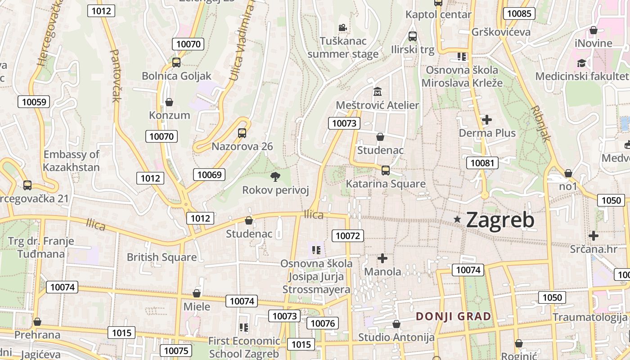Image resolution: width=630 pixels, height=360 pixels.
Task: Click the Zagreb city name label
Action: point(500,220)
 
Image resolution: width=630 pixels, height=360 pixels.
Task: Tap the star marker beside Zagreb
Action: point(458,220)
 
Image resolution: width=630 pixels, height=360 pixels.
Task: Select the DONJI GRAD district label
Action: point(453,316)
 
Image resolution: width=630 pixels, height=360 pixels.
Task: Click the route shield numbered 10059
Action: point(34,102)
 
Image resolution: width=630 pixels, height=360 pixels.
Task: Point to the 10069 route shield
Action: point(209,175)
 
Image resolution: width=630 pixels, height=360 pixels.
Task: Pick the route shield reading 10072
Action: point(348,235)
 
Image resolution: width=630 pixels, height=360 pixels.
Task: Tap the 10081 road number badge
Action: point(482,163)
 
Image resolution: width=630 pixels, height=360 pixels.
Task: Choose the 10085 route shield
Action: point(519,13)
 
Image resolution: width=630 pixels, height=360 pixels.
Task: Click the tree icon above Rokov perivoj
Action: point(275,177)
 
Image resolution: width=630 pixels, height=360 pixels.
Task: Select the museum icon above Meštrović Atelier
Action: point(377,92)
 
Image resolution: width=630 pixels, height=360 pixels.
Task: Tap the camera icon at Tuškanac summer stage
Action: point(343,28)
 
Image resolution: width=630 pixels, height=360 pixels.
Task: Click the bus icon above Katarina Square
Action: point(385,171)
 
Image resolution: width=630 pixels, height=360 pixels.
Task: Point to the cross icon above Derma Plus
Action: point(486,120)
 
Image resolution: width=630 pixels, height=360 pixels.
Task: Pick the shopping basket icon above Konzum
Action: point(169,102)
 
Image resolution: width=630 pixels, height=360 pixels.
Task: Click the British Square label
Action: point(162,257)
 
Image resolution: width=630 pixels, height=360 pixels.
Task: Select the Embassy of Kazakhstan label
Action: point(72,161)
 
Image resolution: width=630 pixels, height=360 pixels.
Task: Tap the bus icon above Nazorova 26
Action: point(242,133)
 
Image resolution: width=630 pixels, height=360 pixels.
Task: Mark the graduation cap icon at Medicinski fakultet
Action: point(582,63)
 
